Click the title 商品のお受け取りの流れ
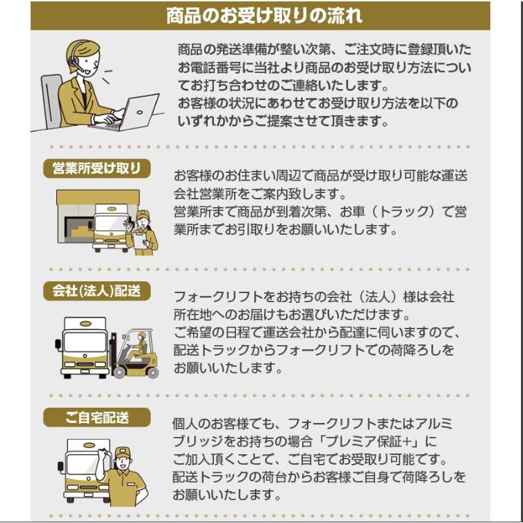pyautogui.click(x=264, y=16)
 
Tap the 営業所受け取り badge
pyautogui.click(x=97, y=169)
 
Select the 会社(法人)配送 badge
pyautogui.click(x=97, y=291)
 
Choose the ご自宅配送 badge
pyautogui.click(x=97, y=417)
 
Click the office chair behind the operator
pyautogui.click(x=51, y=101)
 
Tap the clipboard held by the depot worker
pyautogui.click(x=140, y=240)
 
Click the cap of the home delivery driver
pyautogui.click(x=122, y=453)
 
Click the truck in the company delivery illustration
pyautogui.click(x=83, y=347)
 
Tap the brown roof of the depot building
pyautogui.click(x=98, y=197)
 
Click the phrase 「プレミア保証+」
pyautogui.click(x=372, y=442)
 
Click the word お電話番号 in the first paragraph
pyautogui.click(x=209, y=67)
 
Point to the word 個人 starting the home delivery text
pyautogui.click(x=185, y=424)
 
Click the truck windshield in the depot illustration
pyautogui.click(x=110, y=224)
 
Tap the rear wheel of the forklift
pyautogui.click(x=152, y=372)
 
